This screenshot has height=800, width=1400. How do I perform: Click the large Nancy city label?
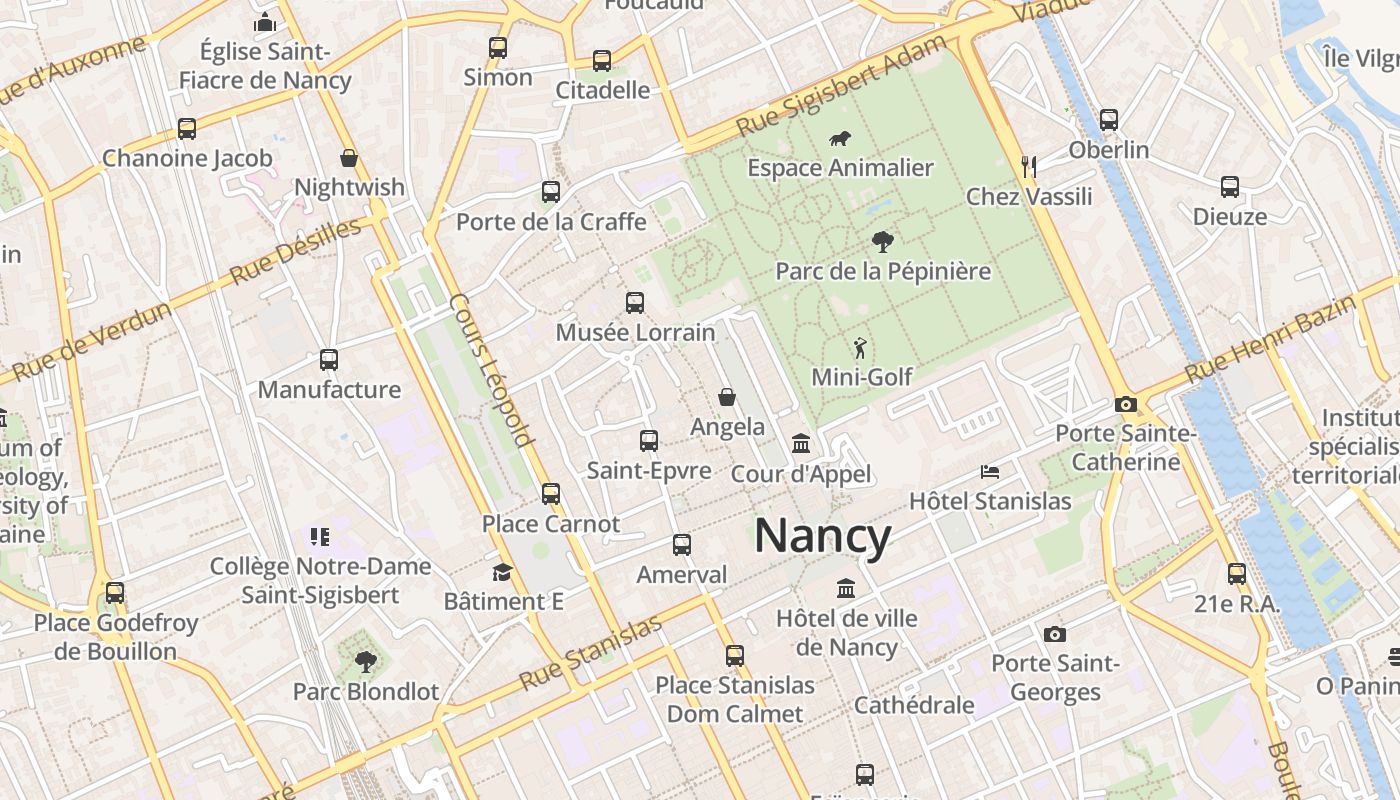[822, 536]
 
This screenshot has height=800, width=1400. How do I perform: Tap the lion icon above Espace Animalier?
[840, 139]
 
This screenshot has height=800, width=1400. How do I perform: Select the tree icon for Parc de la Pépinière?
[882, 241]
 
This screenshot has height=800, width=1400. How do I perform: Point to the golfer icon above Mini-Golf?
[860, 348]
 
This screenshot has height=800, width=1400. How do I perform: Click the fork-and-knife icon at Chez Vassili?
[1028, 166]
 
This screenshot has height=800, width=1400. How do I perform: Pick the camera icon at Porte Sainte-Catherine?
[1126, 404]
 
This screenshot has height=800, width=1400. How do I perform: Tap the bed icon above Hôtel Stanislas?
[989, 471]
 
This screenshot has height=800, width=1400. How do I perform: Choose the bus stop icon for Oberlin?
[1108, 120]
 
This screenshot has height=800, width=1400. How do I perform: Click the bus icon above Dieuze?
[1229, 187]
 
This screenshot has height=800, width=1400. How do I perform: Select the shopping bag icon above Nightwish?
[349, 158]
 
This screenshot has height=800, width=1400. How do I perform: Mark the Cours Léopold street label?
[491, 369]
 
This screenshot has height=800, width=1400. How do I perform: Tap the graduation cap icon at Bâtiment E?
[502, 572]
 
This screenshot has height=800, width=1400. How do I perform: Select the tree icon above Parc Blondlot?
[365, 661]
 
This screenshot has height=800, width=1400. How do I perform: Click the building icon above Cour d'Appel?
[800, 443]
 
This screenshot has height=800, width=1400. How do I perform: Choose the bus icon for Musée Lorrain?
[634, 303]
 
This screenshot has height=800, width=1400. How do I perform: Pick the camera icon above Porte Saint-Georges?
[1054, 634]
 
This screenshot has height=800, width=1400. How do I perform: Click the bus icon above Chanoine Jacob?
[186, 128]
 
